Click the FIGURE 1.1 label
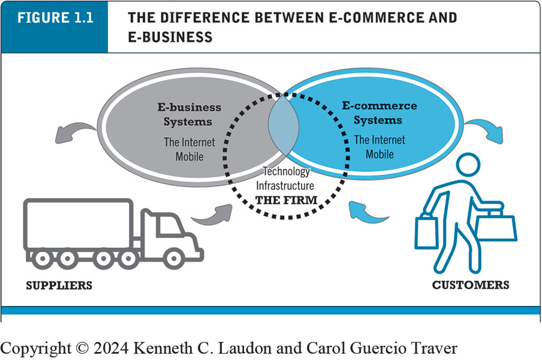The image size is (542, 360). [x=55, y=18]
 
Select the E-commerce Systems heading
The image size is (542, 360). [x=379, y=112]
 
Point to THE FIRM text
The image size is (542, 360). [x=286, y=200]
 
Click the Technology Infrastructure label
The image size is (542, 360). [x=286, y=179]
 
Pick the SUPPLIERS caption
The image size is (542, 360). [x=59, y=285]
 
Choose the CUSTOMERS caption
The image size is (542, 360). [x=470, y=285]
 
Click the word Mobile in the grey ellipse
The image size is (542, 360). [x=189, y=156]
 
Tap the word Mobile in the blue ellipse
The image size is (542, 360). [x=379, y=154]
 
